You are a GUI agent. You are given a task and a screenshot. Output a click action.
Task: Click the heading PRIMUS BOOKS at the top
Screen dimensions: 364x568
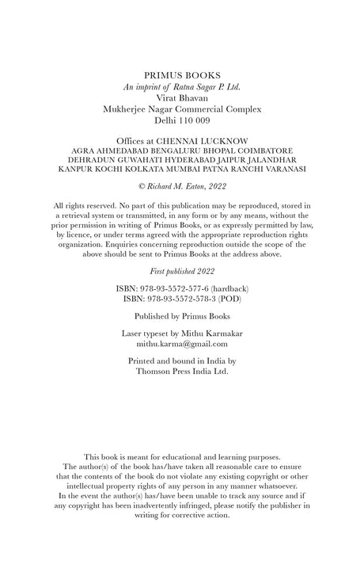181,73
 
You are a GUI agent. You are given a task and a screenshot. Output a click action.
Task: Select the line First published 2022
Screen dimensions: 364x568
181,270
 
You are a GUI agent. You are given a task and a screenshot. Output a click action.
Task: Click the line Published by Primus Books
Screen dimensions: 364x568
181,314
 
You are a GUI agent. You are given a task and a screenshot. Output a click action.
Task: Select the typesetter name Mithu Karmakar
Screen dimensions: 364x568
211,334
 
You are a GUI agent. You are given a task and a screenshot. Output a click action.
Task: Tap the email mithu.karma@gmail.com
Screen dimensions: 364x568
182,344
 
